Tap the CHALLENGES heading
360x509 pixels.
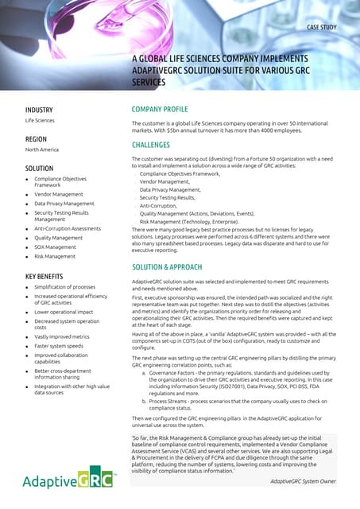click(x=150, y=145)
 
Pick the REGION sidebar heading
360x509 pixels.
click(x=37, y=138)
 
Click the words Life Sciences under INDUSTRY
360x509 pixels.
click(x=41, y=120)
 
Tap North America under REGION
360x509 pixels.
click(x=43, y=150)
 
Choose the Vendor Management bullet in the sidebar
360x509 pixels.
click(x=58, y=194)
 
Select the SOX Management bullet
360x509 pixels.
click(x=56, y=247)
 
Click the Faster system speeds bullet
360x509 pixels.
click(x=60, y=347)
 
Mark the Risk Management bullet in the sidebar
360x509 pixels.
click(x=55, y=257)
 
